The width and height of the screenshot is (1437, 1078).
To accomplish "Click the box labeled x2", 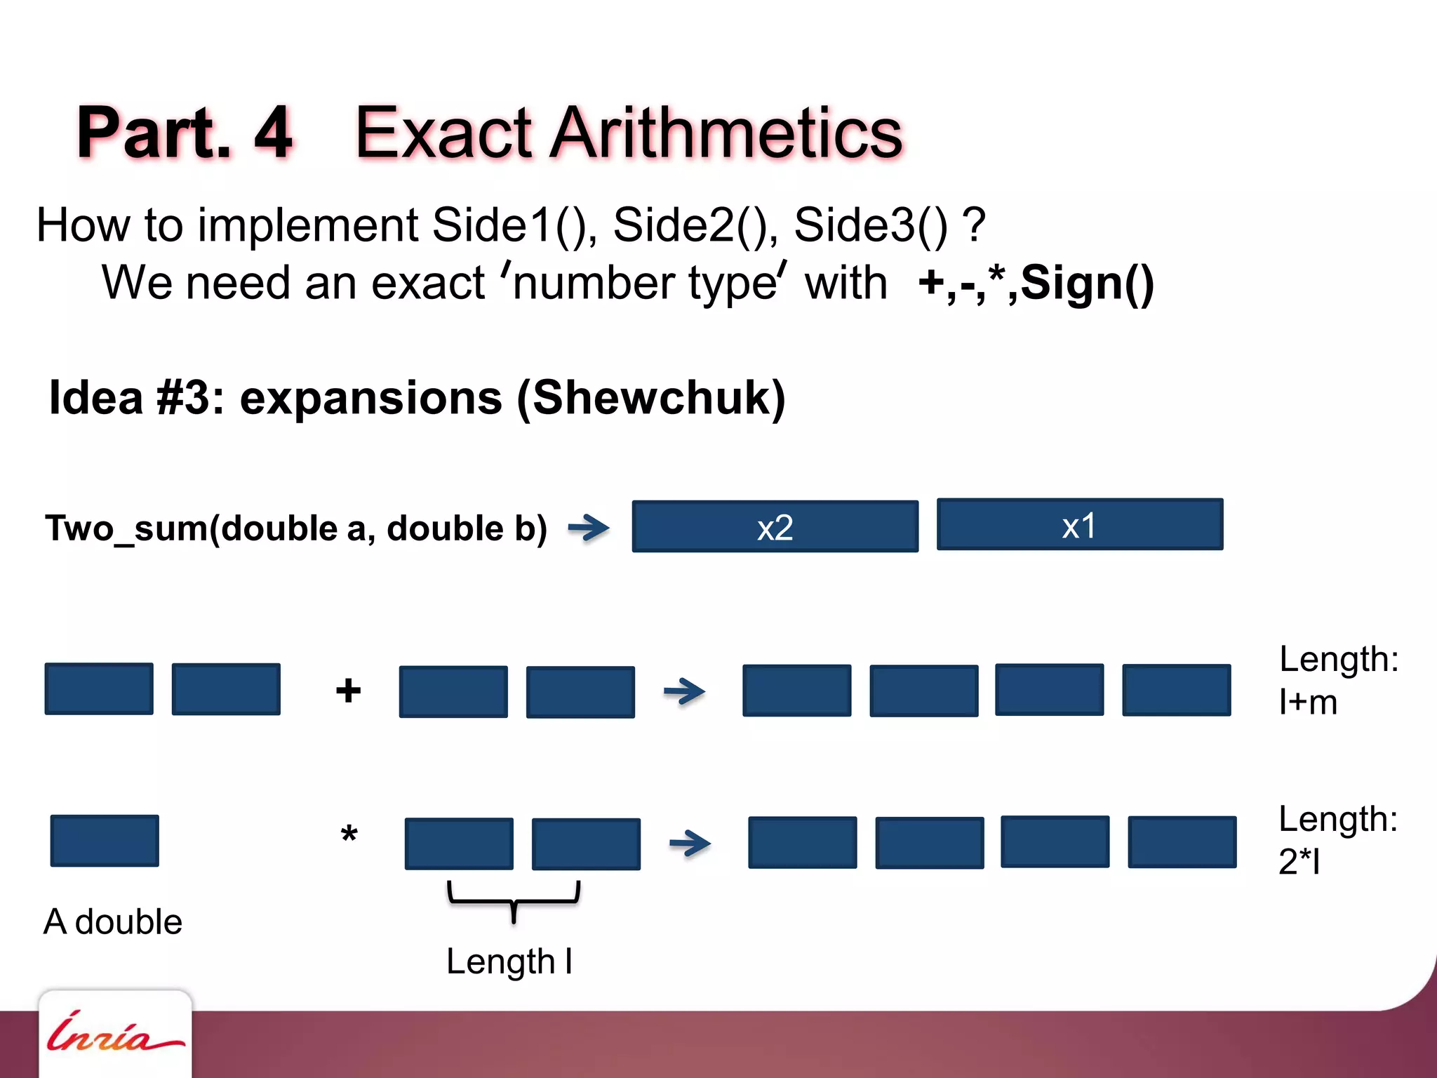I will pyautogui.click(x=775, y=526).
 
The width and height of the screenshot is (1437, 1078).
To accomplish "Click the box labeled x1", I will pyautogui.click(x=1079, y=524).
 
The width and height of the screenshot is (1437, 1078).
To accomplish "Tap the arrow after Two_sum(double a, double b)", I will pyautogui.click(x=588, y=528).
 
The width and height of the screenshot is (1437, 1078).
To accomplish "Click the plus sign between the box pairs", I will pyautogui.click(x=348, y=691).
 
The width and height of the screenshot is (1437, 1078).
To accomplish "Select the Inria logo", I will pyautogui.click(x=114, y=1034).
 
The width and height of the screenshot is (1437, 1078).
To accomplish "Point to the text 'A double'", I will pyautogui.click(x=113, y=921).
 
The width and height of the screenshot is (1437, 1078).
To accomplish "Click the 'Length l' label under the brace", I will pyautogui.click(x=509, y=961).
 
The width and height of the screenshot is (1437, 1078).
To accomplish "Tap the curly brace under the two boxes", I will pyautogui.click(x=514, y=900).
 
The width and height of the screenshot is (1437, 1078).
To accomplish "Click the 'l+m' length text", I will pyautogui.click(x=1308, y=703).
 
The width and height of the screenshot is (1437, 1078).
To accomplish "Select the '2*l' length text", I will pyautogui.click(x=1299, y=862).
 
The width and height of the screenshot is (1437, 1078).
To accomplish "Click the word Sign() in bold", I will pyautogui.click(x=1087, y=283).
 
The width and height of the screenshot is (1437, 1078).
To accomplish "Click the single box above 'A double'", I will pyautogui.click(x=105, y=841).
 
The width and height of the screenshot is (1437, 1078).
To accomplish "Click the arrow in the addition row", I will pyautogui.click(x=684, y=691).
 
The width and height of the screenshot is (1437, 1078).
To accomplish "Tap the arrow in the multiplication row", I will pyautogui.click(x=690, y=843).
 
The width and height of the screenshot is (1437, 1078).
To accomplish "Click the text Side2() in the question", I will pyautogui.click(x=695, y=225).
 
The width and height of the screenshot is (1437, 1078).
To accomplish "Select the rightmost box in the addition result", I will pyautogui.click(x=1176, y=690).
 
